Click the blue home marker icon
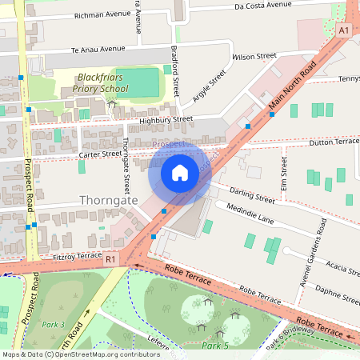point(180,172)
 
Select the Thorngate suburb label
point(109,200)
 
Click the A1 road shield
point(343,30)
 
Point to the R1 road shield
point(110,259)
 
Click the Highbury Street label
point(166,120)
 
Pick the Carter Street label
point(100,154)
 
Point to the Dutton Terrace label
point(334,142)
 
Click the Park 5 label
point(215,346)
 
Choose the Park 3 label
point(53,325)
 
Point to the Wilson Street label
point(254,57)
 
